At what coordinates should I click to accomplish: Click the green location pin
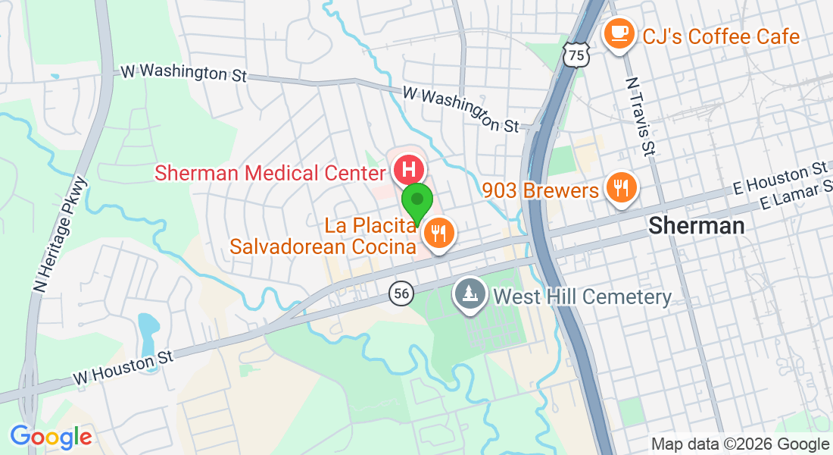point(416,201)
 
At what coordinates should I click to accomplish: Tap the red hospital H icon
point(409,168)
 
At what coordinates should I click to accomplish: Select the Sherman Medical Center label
point(269,173)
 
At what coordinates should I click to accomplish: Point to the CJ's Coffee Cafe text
point(720,36)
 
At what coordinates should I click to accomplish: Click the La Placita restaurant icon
point(438,232)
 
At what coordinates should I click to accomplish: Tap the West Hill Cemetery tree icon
point(470,293)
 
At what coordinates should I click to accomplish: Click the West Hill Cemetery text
point(582,297)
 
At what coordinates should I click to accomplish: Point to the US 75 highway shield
point(576,55)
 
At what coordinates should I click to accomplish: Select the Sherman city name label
point(697,225)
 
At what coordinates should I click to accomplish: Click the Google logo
point(51,437)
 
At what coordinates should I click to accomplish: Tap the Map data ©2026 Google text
point(740,444)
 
